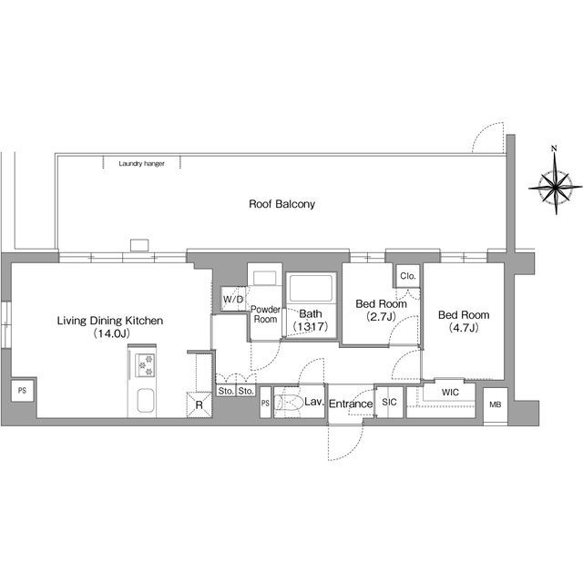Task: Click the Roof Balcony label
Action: point(281,204)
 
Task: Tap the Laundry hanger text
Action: point(142,164)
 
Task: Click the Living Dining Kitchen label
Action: point(110,321)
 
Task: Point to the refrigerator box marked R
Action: point(199,404)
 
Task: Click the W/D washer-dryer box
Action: point(233,299)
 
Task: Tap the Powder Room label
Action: point(265,314)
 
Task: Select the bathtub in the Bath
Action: point(311,288)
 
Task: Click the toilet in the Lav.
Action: point(289,403)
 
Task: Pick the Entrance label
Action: point(351,404)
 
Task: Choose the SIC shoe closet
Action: point(389,402)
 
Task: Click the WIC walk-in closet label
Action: point(450,393)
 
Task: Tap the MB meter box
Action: point(496,404)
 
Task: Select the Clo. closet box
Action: point(408,276)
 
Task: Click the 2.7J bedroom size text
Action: point(381,317)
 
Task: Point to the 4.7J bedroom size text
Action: point(464,328)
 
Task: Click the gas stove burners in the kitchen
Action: point(145,365)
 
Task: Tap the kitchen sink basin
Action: point(146,401)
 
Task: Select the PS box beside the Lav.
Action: point(265,403)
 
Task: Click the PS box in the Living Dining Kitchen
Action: point(22,391)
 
